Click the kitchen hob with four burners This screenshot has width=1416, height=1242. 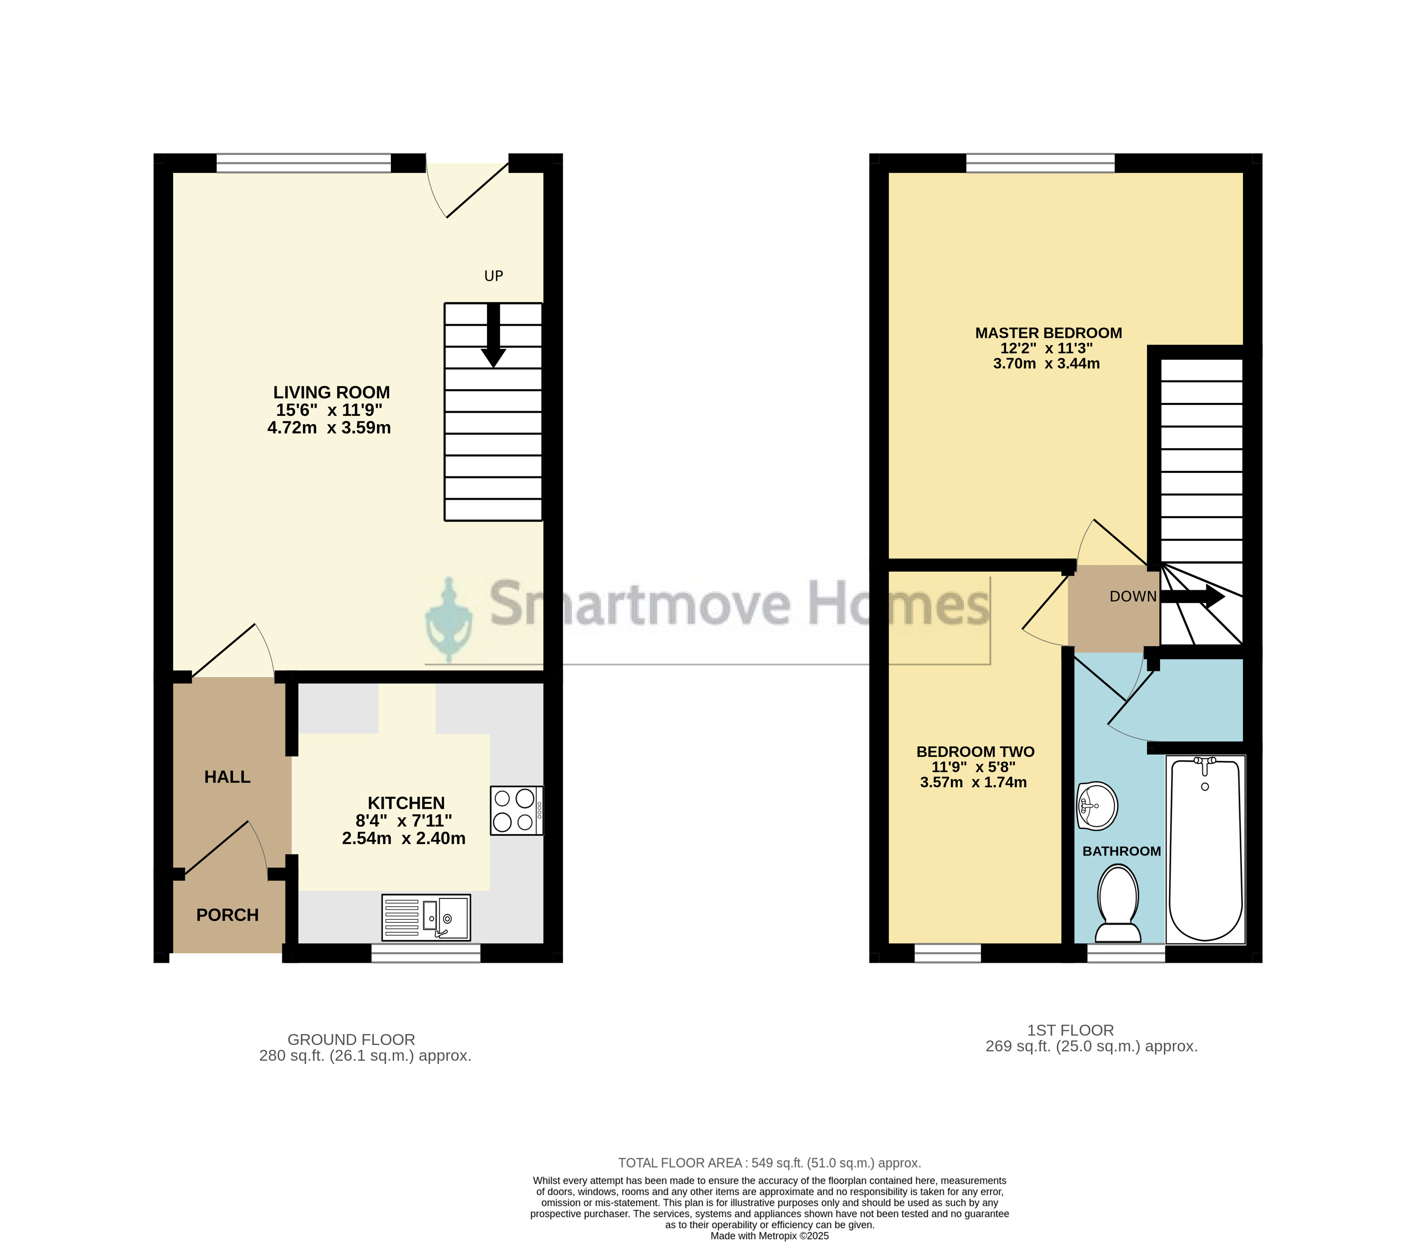tap(517, 810)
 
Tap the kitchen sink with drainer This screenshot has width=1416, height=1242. tap(426, 918)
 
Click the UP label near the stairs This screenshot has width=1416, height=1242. tap(493, 277)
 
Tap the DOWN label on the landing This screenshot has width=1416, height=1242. tap(1133, 596)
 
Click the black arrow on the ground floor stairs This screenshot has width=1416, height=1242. tap(493, 335)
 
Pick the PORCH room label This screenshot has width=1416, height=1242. tap(227, 915)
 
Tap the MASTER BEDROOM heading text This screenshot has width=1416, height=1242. tap(1048, 333)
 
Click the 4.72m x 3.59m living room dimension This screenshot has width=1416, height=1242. tap(329, 428)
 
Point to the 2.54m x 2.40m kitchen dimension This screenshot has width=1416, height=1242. tap(404, 838)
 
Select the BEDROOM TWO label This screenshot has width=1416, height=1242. tap(975, 751)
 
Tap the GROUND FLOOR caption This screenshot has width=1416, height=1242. tap(351, 1040)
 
